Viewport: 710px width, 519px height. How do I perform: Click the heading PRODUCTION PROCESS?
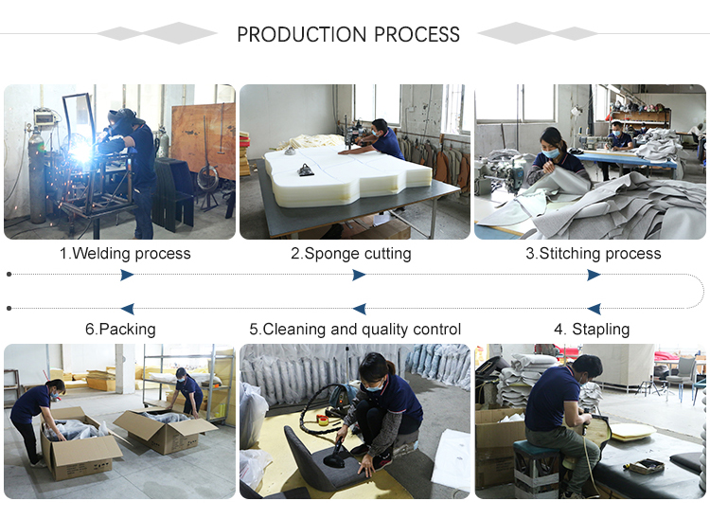click(348, 34)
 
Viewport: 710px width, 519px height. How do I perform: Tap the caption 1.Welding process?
click(125, 253)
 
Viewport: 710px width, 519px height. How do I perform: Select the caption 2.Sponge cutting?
click(351, 253)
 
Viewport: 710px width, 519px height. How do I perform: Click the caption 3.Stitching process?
click(594, 253)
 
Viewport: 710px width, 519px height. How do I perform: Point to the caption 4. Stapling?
click(592, 330)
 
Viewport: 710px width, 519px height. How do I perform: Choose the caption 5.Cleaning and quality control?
click(355, 330)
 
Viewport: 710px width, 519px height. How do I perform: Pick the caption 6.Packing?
click(120, 330)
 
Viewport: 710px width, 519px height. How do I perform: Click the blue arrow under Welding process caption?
click(127, 275)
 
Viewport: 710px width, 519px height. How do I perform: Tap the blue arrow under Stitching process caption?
click(594, 275)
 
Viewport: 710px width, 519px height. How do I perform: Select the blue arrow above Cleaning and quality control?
click(359, 309)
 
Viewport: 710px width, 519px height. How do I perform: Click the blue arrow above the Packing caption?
click(127, 309)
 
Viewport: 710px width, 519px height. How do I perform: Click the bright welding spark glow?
click(82, 153)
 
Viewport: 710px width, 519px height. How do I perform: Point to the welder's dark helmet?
click(120, 121)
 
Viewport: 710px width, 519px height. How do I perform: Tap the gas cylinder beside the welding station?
click(37, 176)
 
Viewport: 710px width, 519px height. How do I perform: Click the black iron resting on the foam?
click(306, 170)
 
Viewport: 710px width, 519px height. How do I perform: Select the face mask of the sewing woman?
click(551, 153)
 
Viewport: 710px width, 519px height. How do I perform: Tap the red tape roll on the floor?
click(323, 421)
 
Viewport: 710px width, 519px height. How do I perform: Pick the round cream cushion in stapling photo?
click(632, 431)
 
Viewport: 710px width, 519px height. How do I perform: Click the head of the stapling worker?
click(587, 368)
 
